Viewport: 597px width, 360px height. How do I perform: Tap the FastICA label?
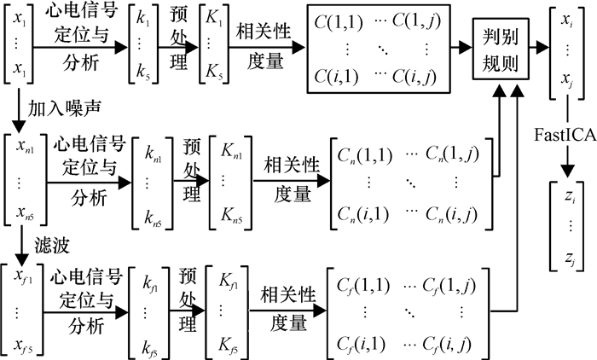coord(565,132)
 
